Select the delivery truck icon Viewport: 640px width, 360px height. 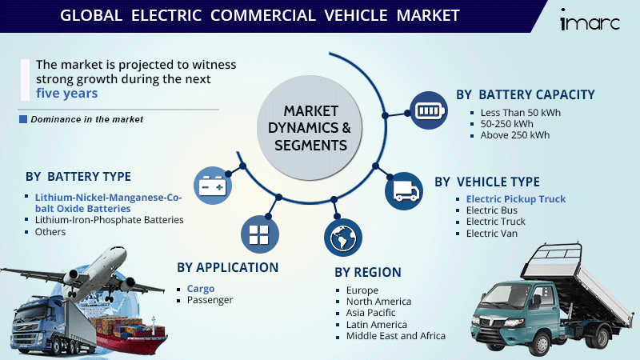coord(402,190)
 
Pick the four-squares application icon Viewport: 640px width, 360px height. coord(258,234)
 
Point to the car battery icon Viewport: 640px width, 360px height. coord(214,185)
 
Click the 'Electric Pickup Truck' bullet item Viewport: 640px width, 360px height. coord(515,199)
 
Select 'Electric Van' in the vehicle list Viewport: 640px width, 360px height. coord(491,233)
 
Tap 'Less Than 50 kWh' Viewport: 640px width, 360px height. coord(520,113)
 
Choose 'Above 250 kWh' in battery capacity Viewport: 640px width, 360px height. coord(514,135)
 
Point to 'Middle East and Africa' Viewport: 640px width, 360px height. coord(395,335)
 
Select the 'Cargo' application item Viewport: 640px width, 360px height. coord(201,288)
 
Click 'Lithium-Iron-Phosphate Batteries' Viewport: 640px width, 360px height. coord(109,219)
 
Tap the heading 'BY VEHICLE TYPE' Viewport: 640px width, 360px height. coord(487,182)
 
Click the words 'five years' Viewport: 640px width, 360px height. coord(67,93)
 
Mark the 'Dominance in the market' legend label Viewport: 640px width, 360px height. coord(86,119)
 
